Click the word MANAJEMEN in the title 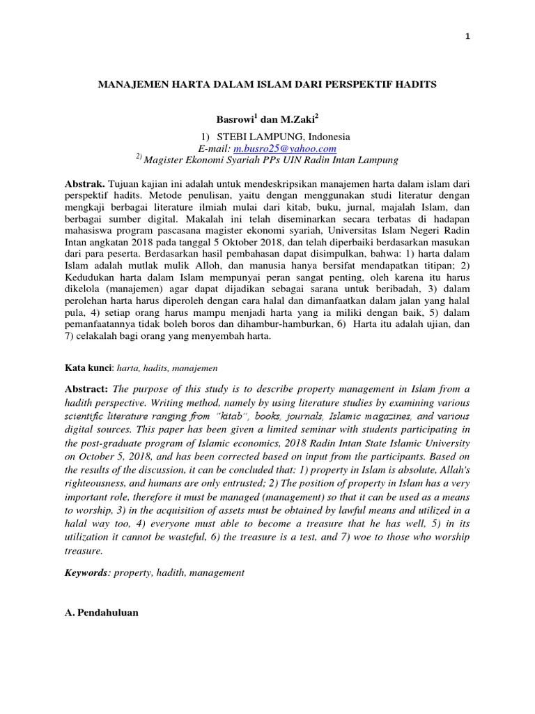(x=133, y=84)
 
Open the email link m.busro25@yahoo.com (x=285, y=149)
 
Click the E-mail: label (x=215, y=149)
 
